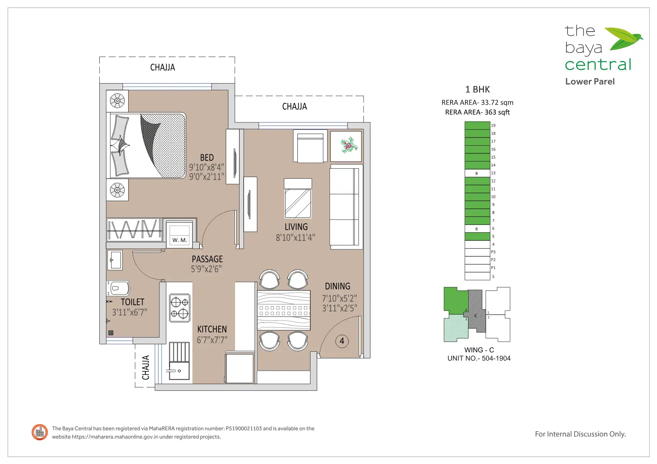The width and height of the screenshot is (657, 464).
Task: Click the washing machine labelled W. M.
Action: [180, 234]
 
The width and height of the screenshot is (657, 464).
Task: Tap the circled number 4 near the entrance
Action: [342, 341]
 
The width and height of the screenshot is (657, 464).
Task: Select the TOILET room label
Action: [133, 302]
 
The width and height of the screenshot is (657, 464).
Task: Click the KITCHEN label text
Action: [212, 329]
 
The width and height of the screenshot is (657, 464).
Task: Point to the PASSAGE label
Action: [207, 259]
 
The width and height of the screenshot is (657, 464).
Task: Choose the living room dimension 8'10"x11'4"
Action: [296, 238]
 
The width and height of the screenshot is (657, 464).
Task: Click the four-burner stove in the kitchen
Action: [180, 308]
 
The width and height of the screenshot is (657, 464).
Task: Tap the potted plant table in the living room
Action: [346, 146]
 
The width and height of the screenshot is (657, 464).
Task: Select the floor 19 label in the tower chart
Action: [493, 125]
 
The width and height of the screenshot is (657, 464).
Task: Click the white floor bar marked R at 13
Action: [477, 173]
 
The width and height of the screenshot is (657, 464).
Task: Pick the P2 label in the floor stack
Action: [493, 260]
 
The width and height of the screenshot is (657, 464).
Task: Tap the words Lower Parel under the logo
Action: [590, 82]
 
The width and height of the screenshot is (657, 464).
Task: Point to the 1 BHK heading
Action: [477, 89]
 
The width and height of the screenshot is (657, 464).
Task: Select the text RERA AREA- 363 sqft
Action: [477, 112]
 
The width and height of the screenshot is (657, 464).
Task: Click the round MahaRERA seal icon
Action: [40, 432]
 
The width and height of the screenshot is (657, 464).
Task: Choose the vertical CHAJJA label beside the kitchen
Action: [146, 367]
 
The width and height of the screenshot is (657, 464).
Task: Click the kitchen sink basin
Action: [179, 371]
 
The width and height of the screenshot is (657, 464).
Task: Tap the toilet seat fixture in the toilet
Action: [119, 288]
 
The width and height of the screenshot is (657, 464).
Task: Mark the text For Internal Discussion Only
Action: [580, 434]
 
